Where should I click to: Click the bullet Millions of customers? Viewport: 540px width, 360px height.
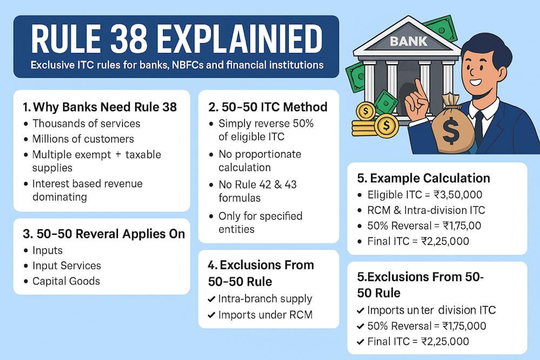coord(83,139)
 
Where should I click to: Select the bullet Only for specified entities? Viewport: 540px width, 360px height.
coord(260,222)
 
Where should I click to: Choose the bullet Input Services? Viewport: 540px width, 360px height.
coord(66,266)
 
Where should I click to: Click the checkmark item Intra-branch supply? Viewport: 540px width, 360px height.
coord(265,298)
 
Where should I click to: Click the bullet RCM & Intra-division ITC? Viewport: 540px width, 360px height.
coord(426,210)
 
